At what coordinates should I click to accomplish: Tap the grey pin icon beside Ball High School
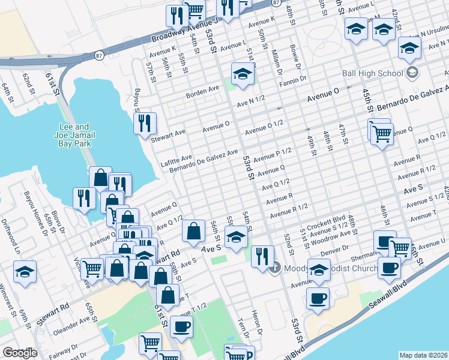tap(412, 73)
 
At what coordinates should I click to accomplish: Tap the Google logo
tap(20, 353)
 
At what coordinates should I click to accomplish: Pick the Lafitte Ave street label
tap(176, 160)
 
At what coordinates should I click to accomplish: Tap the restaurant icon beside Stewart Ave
tap(145, 124)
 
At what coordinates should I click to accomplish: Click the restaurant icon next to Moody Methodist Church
tap(262, 256)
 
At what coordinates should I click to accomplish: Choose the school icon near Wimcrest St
tap(25, 271)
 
